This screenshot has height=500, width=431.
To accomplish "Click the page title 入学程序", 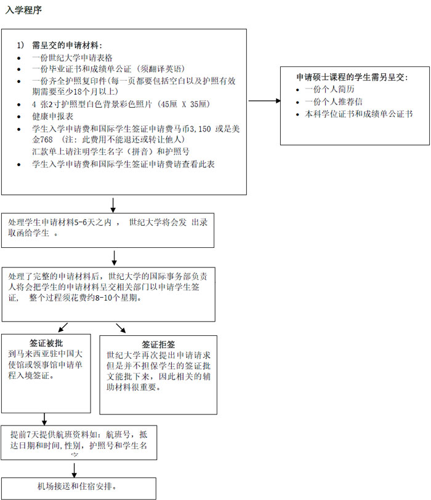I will click(x=23, y=10).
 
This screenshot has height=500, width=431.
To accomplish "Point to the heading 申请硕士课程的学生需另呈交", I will click(x=352, y=77).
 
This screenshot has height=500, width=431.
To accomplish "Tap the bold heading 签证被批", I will click(x=46, y=343).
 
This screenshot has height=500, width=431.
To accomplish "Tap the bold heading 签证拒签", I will click(x=158, y=344).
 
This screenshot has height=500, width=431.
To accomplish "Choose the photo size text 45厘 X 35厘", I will click(x=184, y=105).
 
